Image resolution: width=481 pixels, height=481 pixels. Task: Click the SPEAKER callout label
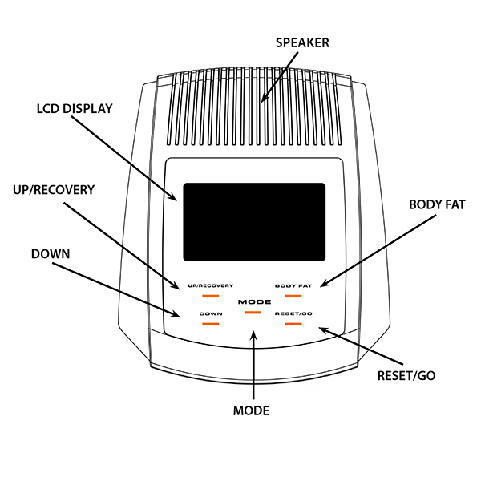(303, 42)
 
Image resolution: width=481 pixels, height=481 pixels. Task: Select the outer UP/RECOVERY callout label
(54, 190)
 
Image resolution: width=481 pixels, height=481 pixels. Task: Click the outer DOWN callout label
(51, 254)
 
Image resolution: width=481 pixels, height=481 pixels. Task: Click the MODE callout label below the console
(251, 410)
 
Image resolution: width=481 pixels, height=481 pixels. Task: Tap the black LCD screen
(254, 222)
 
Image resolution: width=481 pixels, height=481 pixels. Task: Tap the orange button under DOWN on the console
(211, 324)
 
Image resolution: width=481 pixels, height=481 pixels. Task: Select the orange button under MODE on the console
(253, 310)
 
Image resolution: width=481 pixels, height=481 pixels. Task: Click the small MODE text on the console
(253, 301)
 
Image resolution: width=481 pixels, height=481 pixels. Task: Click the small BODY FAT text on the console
(292, 285)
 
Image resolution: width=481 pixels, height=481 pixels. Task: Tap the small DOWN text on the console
(211, 313)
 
